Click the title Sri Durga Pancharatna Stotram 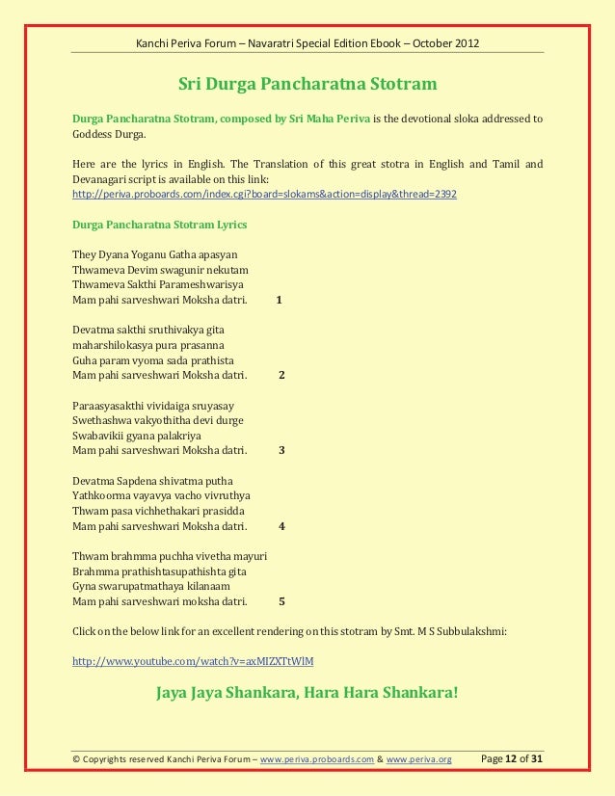point(307,84)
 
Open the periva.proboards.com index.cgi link point(265,194)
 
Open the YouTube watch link point(193,662)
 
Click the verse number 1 point(279,300)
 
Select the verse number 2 point(281,375)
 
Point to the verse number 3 point(281,450)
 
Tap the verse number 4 point(281,526)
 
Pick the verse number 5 point(281,601)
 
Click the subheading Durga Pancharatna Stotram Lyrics point(159,225)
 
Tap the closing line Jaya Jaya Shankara point(307,692)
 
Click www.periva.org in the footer point(418,759)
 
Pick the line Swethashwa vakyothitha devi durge point(158,420)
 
